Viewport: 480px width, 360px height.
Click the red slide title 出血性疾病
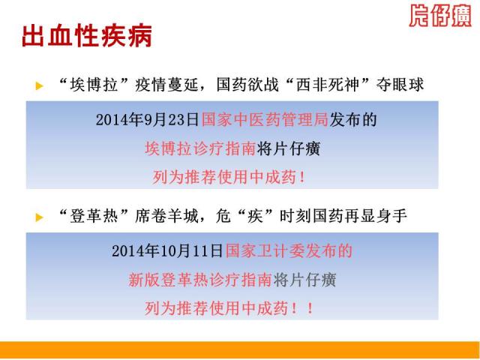[87, 36]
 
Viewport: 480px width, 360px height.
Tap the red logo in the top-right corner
[440, 16]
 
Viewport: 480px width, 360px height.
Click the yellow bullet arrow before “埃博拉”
[39, 86]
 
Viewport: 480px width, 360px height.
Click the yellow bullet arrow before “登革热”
[39, 217]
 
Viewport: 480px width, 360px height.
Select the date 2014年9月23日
[148, 119]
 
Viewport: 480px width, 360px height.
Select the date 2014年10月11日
[167, 251]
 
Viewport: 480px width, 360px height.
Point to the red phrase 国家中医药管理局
[265, 119]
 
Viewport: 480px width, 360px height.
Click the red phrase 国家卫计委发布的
[289, 251]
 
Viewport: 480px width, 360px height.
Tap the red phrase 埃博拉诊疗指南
[200, 149]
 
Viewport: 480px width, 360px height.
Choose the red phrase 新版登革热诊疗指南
[200, 280]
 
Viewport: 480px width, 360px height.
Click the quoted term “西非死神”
[327, 85]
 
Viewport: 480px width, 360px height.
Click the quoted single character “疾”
[255, 217]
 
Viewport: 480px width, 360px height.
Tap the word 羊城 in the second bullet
[183, 217]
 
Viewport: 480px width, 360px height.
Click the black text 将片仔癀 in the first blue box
[288, 149]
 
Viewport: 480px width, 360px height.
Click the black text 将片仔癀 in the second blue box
[305, 280]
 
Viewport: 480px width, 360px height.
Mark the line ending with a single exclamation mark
[229, 177]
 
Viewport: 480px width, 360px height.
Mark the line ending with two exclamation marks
[229, 308]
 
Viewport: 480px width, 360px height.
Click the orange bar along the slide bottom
[240, 350]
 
